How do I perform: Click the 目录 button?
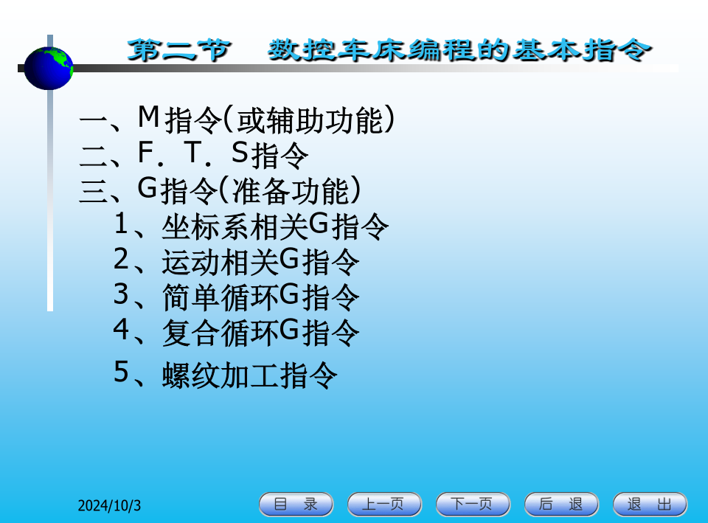click(x=296, y=504)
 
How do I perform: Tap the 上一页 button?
click(x=384, y=504)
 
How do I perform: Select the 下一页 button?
click(x=473, y=504)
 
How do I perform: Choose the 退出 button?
click(x=650, y=504)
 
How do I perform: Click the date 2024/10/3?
click(x=109, y=505)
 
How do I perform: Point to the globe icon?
click(x=49, y=68)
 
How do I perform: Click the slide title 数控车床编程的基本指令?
click(x=459, y=50)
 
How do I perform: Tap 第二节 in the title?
click(x=179, y=50)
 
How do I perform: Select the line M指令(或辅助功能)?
click(x=237, y=120)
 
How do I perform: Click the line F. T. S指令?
click(x=194, y=155)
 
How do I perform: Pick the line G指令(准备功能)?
click(x=220, y=190)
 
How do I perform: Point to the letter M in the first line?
click(x=148, y=117)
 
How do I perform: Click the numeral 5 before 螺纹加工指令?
click(x=122, y=373)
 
